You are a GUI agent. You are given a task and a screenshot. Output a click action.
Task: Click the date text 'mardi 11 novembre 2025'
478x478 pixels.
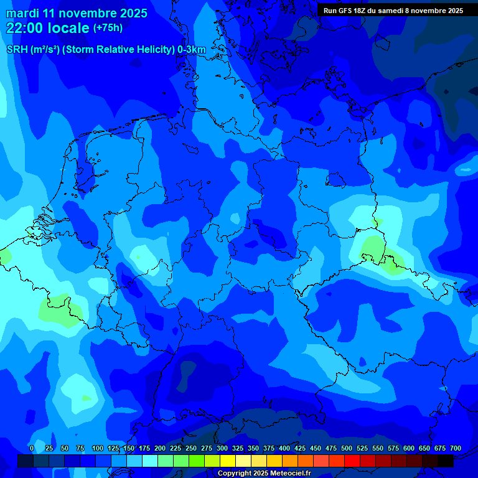point(77,13)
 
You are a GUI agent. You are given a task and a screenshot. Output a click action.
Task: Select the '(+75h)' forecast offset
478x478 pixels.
point(108,28)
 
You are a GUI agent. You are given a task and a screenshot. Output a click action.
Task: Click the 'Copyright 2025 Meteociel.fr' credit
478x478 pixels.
point(265,474)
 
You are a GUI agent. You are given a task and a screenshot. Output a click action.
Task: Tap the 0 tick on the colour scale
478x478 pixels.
point(32,449)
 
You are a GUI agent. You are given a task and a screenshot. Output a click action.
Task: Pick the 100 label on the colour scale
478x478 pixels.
point(98,449)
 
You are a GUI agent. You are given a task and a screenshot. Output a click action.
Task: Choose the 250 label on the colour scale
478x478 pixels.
point(191,449)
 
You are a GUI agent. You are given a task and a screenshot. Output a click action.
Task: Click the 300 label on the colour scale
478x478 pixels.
point(222,449)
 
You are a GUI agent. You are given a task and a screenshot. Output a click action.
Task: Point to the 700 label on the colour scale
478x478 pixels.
point(456,449)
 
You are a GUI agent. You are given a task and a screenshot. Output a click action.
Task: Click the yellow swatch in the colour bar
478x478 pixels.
point(228,461)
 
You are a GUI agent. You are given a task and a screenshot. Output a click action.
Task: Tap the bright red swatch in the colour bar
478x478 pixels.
point(352,461)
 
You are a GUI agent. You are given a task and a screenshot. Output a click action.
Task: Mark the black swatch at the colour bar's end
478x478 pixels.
point(446,461)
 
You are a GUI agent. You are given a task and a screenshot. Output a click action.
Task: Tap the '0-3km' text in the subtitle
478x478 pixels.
point(192,50)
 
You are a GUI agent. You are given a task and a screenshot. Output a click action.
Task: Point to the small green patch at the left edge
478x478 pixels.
point(4,256)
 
